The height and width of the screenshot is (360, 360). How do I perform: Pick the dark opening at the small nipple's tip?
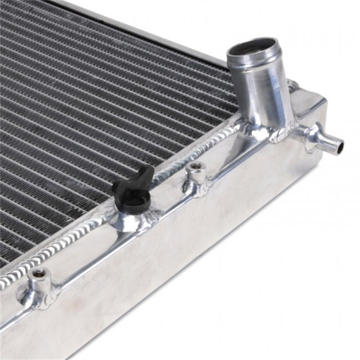point(340,147)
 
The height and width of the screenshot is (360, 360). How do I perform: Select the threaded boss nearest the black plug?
point(195,174)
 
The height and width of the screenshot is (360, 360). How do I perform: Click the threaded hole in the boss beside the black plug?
point(195,166)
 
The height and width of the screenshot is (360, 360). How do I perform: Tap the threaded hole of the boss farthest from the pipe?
point(38,274)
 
